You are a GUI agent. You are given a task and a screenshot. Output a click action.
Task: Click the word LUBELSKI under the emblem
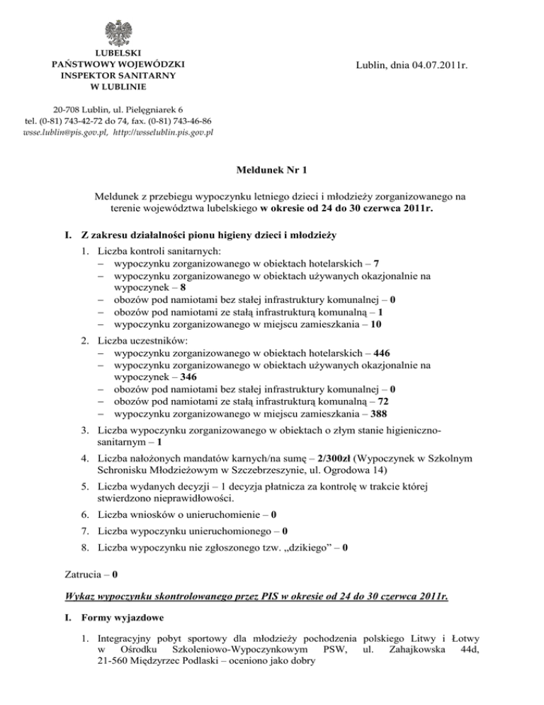[x=119, y=52]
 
